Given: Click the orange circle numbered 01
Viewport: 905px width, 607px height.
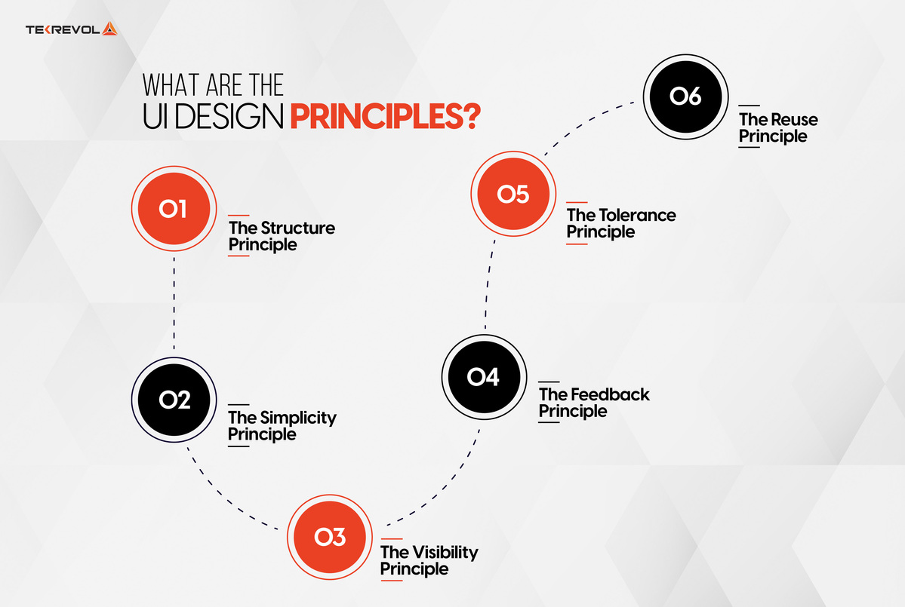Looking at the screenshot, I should coord(173,208).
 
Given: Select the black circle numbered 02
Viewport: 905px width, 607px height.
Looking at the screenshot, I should coord(174,399).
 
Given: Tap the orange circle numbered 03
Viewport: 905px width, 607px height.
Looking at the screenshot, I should coord(331,536).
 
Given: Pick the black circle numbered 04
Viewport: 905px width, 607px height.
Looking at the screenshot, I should coord(483,376).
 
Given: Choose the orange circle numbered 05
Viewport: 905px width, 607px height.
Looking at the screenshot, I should coord(513,195).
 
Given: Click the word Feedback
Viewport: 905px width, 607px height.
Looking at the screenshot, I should coord(610,394).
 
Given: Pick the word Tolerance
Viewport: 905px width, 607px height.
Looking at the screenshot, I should coord(638,215).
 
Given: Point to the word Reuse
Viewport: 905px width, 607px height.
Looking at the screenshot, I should coord(793,119).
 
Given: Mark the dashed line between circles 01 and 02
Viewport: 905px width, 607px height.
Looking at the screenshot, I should coord(174,302).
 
